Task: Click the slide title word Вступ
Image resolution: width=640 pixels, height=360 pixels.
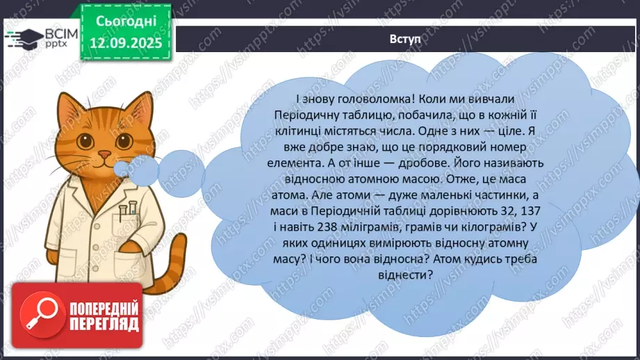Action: [x=404, y=38]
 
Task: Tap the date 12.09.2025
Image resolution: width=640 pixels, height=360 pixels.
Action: [x=125, y=42]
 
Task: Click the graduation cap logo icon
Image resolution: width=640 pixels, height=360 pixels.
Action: [x=19, y=37]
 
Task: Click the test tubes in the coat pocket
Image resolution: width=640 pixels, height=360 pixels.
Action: [x=127, y=211]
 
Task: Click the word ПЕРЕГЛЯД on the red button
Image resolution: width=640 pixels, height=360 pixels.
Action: [x=103, y=323]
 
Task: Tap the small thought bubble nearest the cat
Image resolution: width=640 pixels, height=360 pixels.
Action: [x=127, y=167]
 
